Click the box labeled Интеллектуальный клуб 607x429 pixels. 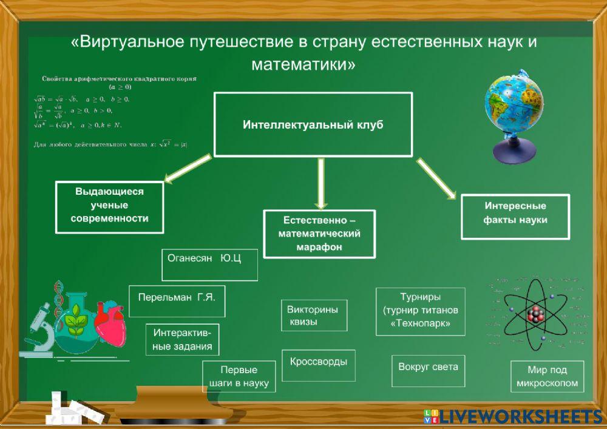pos(313,124)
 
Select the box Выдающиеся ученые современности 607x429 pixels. pos(109,207)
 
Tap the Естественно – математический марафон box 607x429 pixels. pos(319,234)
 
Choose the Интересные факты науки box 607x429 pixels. pos(515,216)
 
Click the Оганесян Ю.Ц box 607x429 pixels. pos(209,265)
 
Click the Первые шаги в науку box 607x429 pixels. pos(239,377)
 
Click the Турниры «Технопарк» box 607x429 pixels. pos(420,311)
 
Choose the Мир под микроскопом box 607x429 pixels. pos(547,377)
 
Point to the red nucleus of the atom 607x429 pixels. pos(535,314)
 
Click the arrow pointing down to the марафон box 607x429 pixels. pos(321,182)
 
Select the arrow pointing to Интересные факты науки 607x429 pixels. pos(436,178)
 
